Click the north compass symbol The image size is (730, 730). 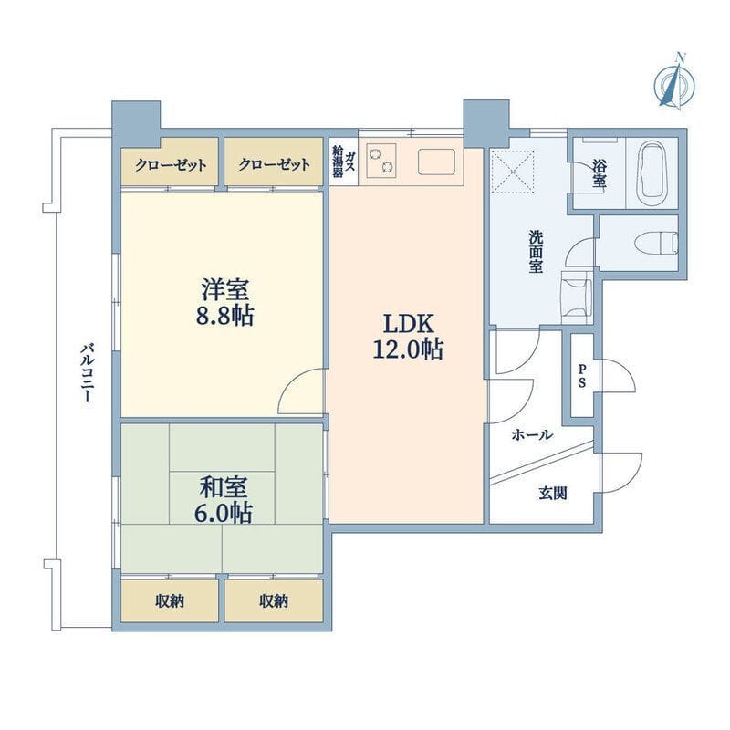coord(674,84)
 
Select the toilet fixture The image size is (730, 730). coord(657,243)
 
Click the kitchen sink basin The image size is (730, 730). coord(436,162)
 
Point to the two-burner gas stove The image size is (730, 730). coord(381,161)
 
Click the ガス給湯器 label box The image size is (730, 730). coord(344,162)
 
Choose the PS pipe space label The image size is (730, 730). coord(582,375)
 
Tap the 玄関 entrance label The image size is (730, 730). coord(553,494)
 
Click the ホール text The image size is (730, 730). coord(533,435)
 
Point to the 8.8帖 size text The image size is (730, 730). coord(224,316)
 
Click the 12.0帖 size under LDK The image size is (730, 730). coord(408,349)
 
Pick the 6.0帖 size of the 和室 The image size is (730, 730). coord(223,513)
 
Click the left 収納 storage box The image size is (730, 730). coord(170,600)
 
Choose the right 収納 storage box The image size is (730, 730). coord(274,600)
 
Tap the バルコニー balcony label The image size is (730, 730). coord(87,373)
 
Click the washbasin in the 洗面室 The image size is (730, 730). coord(577,297)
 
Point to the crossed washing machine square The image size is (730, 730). coord(511,173)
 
